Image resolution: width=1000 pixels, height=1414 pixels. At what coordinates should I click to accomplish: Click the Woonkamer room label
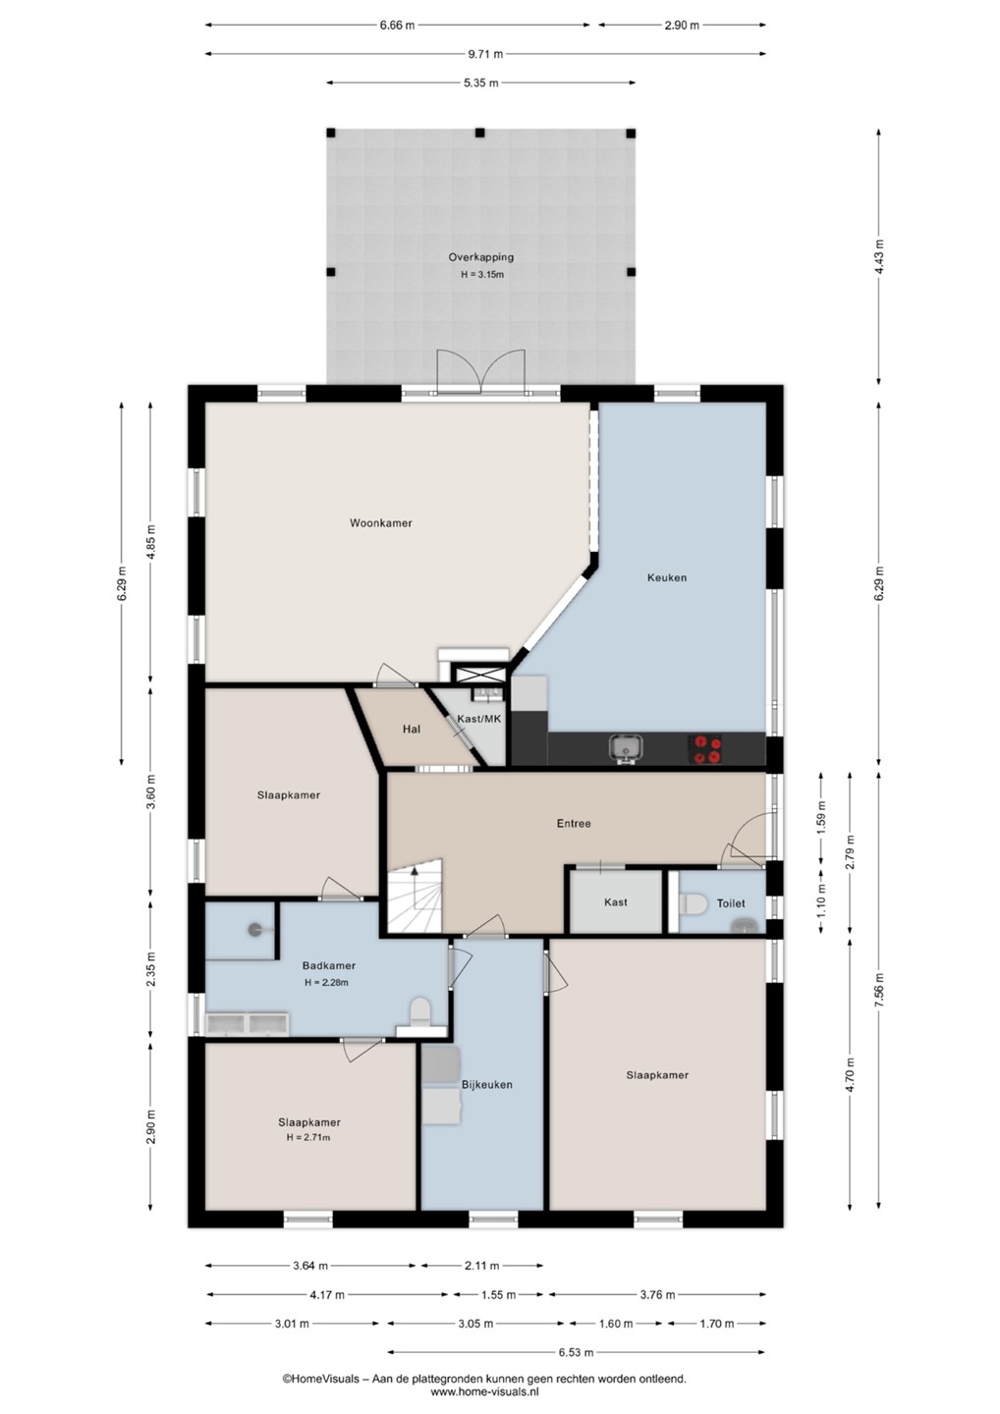[381, 522]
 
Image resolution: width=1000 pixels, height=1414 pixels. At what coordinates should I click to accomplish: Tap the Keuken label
[667, 577]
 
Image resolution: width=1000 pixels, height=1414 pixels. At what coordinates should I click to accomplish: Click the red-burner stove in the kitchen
[704, 748]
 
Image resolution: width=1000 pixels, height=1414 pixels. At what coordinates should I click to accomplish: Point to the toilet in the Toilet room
[689, 903]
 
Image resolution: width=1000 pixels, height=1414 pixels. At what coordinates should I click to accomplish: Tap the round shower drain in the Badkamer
[255, 929]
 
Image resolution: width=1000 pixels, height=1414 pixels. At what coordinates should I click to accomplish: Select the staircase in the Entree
[415, 896]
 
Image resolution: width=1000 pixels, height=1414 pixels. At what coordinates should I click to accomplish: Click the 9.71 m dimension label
[485, 54]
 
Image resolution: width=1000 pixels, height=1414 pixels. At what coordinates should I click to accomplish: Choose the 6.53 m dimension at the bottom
[576, 1352]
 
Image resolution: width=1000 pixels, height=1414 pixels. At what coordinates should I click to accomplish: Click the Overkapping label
[480, 257]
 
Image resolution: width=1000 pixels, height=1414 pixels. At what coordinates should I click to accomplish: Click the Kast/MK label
[479, 719]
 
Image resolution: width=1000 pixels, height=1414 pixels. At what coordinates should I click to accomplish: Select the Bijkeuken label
[487, 1084]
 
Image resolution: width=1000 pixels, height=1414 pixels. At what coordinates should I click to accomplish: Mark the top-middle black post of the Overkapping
[479, 133]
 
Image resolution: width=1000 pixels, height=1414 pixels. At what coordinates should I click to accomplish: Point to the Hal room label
[411, 729]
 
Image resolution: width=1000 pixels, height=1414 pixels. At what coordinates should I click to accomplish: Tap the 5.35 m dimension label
[480, 82]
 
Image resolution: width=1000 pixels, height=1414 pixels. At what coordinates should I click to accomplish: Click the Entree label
[574, 823]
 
